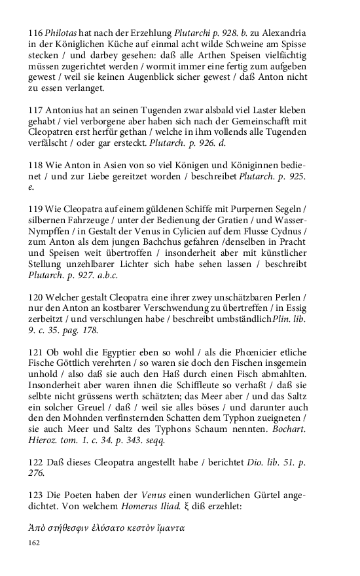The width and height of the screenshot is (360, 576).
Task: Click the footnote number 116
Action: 37,33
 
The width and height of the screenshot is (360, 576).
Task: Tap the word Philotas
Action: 67,33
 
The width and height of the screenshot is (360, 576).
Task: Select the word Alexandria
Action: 282,33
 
